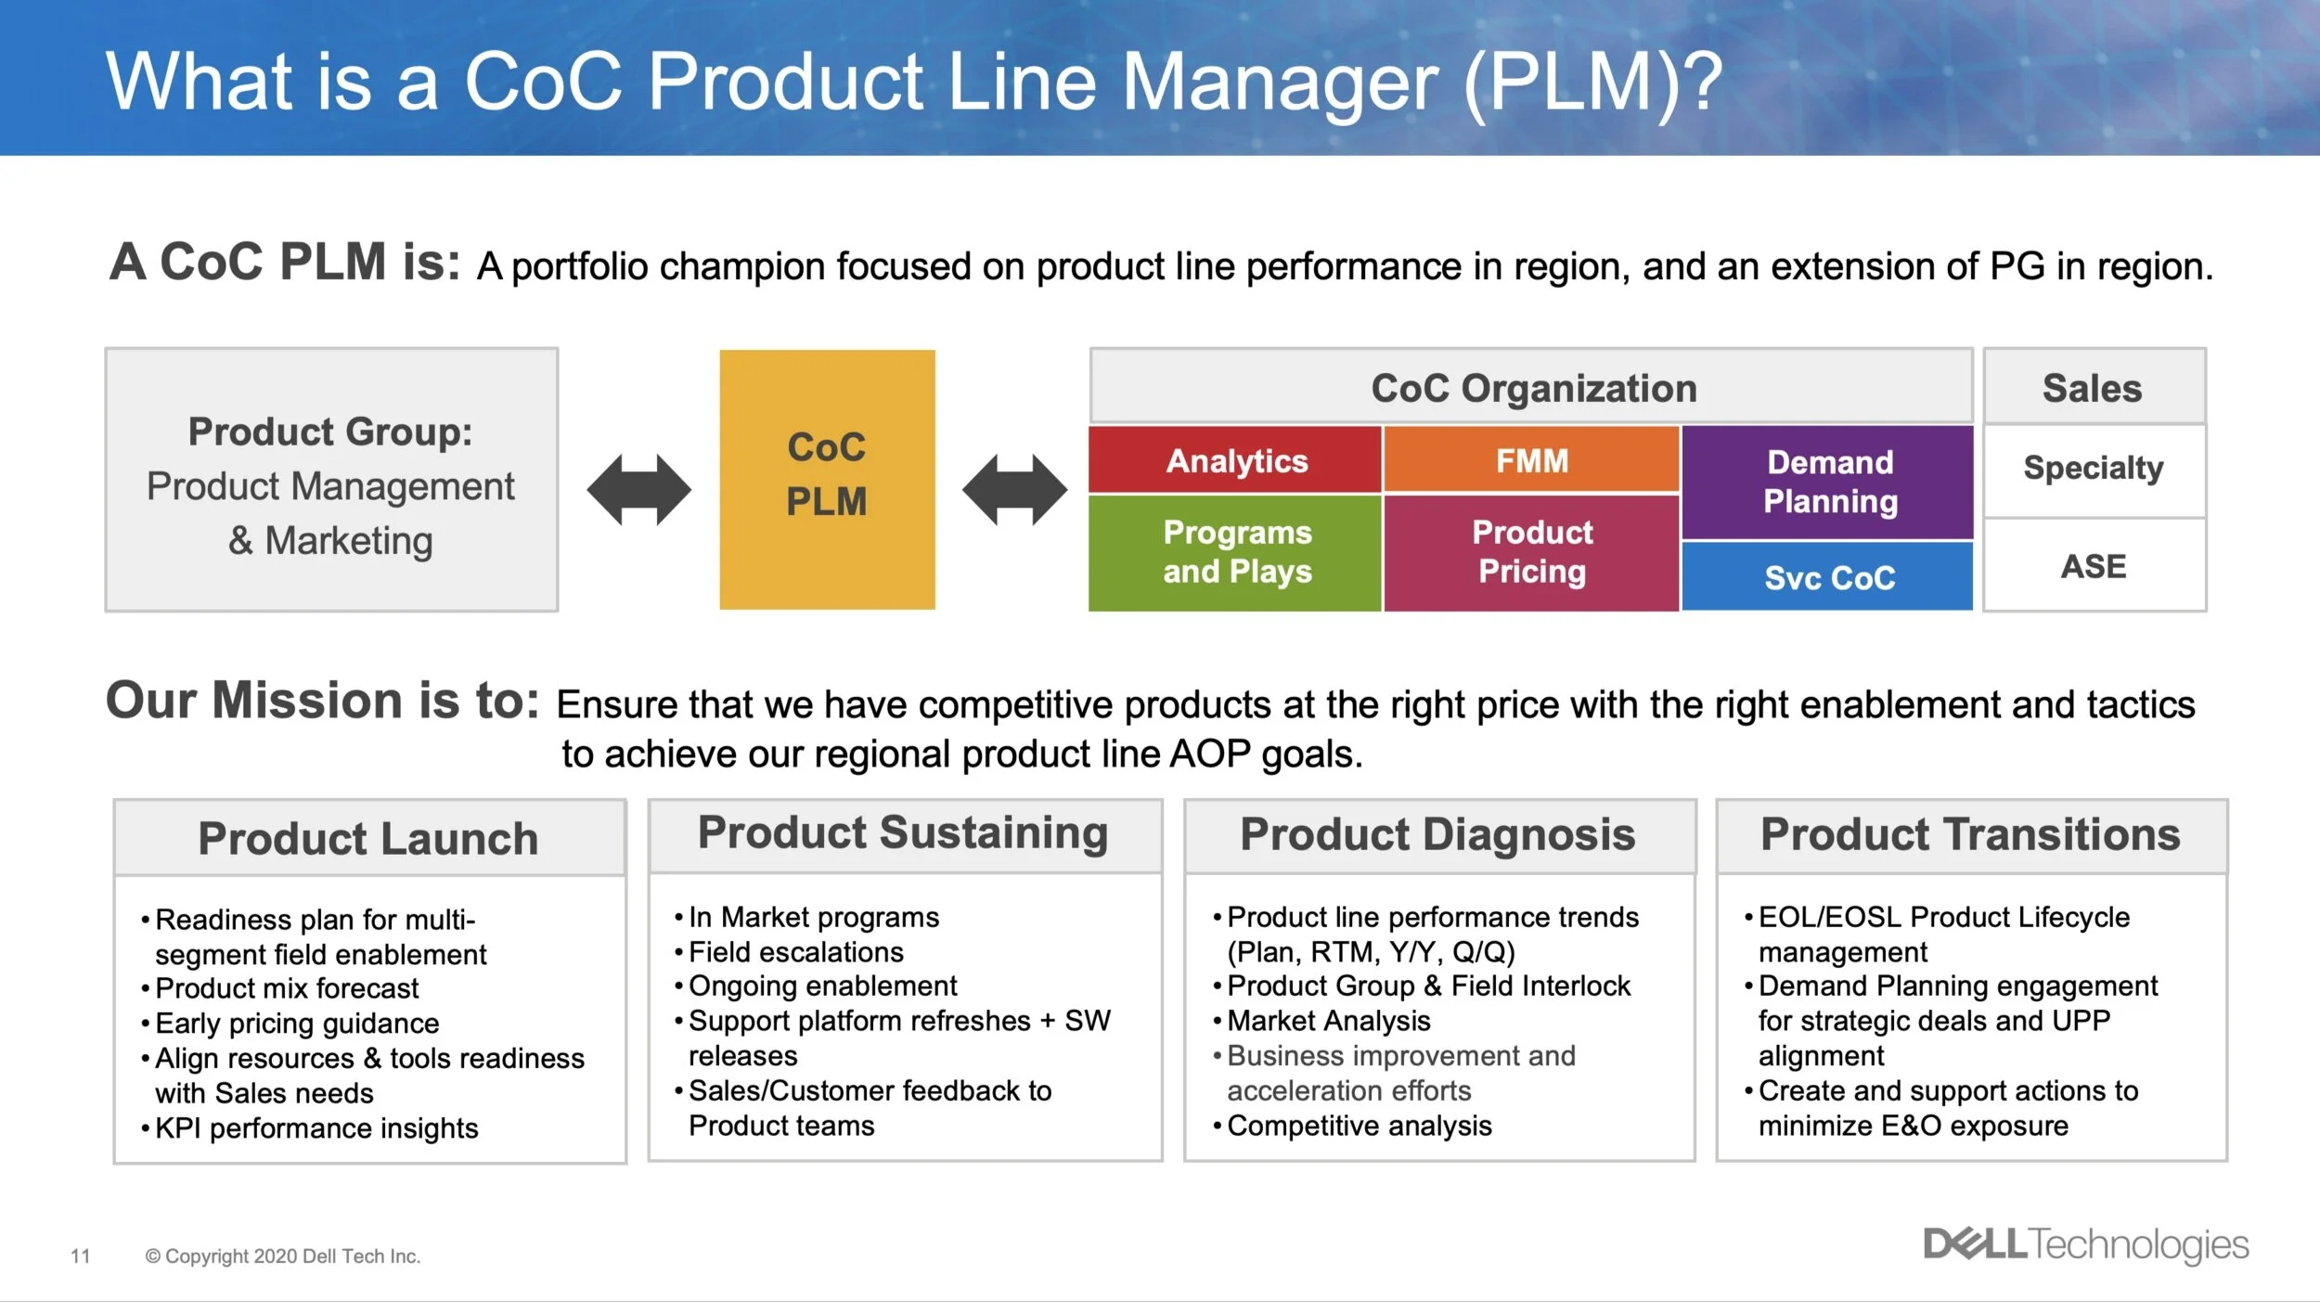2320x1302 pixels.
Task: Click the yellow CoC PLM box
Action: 827,479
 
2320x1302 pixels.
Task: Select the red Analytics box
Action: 1235,460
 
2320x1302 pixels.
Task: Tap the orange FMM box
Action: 1531,460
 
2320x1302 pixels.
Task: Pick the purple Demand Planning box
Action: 1828,482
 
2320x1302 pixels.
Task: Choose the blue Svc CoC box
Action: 1828,577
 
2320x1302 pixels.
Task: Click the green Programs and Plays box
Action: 1235,552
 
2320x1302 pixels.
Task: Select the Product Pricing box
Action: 1531,552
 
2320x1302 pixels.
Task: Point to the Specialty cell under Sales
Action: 2094,469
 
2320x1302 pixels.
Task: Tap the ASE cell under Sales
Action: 2094,566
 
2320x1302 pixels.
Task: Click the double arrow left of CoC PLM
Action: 639,489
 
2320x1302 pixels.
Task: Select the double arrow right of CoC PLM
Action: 1014,489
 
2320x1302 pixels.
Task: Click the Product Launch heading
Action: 368,839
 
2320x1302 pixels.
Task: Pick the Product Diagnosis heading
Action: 1437,835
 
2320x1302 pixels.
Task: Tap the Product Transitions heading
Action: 1970,835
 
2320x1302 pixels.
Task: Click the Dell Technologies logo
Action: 2085,1244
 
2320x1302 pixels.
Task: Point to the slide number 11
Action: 81,1256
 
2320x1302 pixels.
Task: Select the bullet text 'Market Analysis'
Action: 1328,1021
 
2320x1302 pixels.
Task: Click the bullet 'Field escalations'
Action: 795,952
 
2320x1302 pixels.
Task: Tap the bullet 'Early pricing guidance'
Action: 297,1024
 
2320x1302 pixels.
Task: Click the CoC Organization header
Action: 1533,388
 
